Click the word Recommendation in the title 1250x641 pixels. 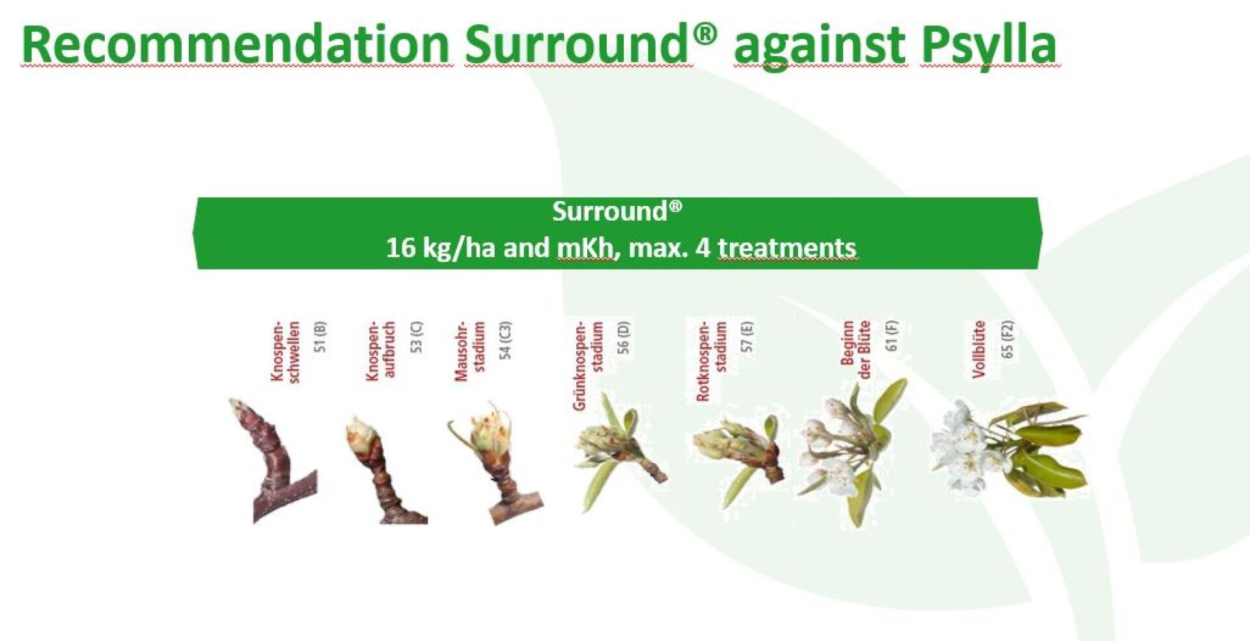236,44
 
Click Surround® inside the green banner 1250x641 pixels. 617,211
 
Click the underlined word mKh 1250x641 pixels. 584,248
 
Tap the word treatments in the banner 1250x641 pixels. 787,248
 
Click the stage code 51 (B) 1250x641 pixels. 320,337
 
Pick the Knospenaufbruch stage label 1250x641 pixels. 381,350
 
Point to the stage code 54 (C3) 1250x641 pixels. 505,340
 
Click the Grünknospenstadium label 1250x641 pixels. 588,365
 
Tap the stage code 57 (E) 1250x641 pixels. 747,337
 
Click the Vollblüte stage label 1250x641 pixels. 979,349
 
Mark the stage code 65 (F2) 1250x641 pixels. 1007,339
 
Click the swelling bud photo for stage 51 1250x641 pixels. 273,460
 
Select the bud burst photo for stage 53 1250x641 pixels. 384,469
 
